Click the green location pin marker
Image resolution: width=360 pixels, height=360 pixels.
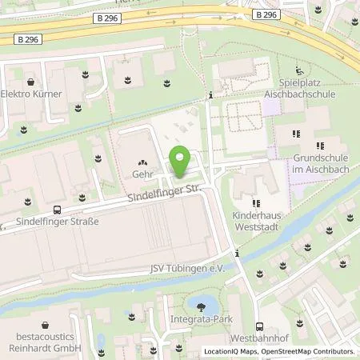(x=181, y=162)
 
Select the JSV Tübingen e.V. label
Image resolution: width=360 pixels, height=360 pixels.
(x=190, y=270)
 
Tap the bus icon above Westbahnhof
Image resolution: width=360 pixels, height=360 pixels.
(x=260, y=325)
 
